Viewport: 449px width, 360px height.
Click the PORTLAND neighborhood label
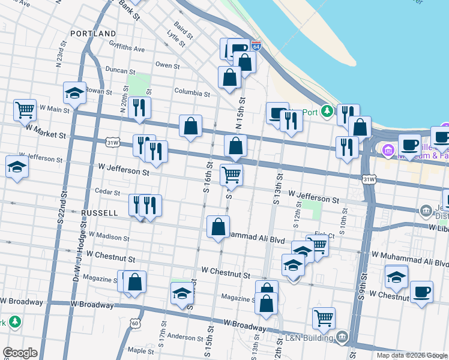tap(92, 34)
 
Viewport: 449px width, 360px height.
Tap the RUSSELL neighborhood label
tap(99, 212)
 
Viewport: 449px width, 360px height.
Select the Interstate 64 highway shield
tap(256, 46)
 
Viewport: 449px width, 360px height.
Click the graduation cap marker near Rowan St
tap(74, 93)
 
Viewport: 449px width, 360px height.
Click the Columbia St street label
tap(192, 93)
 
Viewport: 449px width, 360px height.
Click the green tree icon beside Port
tap(327, 111)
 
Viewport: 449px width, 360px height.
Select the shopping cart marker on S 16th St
tap(231, 175)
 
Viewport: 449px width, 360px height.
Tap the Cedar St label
tap(109, 191)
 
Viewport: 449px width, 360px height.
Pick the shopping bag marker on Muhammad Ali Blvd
tap(218, 227)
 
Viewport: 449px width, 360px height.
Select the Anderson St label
tap(186, 337)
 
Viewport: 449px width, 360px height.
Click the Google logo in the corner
tap(20, 353)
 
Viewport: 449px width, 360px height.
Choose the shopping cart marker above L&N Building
tap(324, 319)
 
